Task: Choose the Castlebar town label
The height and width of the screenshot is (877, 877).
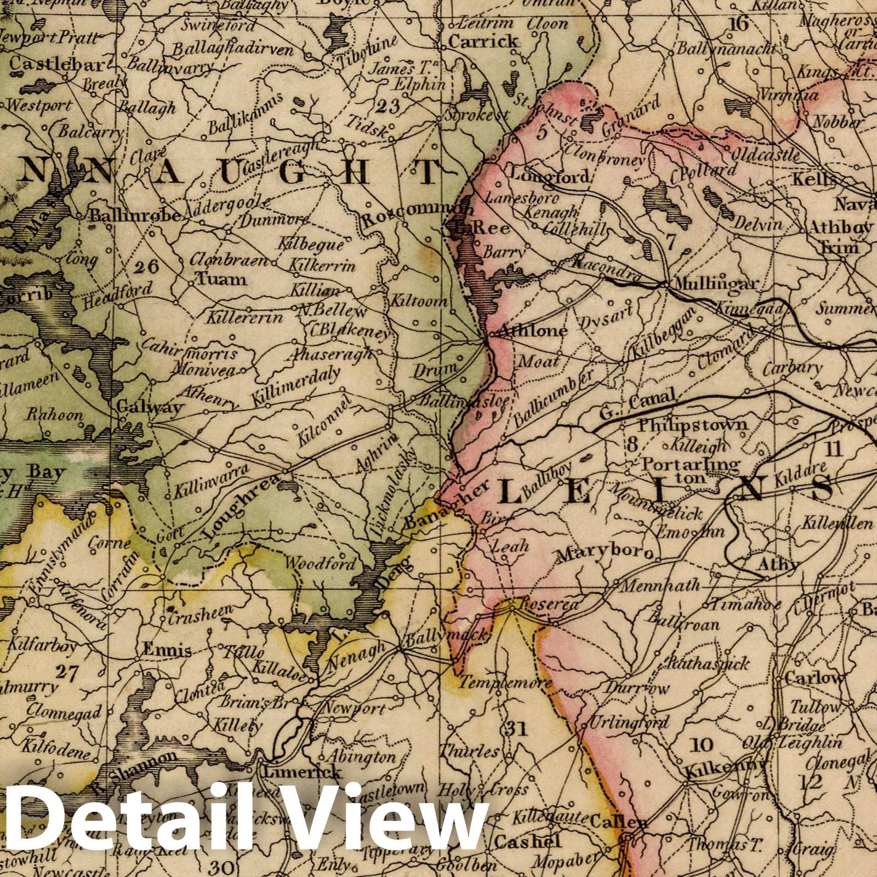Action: [x=57, y=65]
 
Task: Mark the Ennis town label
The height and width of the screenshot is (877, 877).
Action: [x=167, y=651]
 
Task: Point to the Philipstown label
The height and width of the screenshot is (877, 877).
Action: [x=693, y=425]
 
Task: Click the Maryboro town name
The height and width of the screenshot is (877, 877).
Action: [x=605, y=554]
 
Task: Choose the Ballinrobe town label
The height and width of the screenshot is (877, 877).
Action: [x=135, y=215]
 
